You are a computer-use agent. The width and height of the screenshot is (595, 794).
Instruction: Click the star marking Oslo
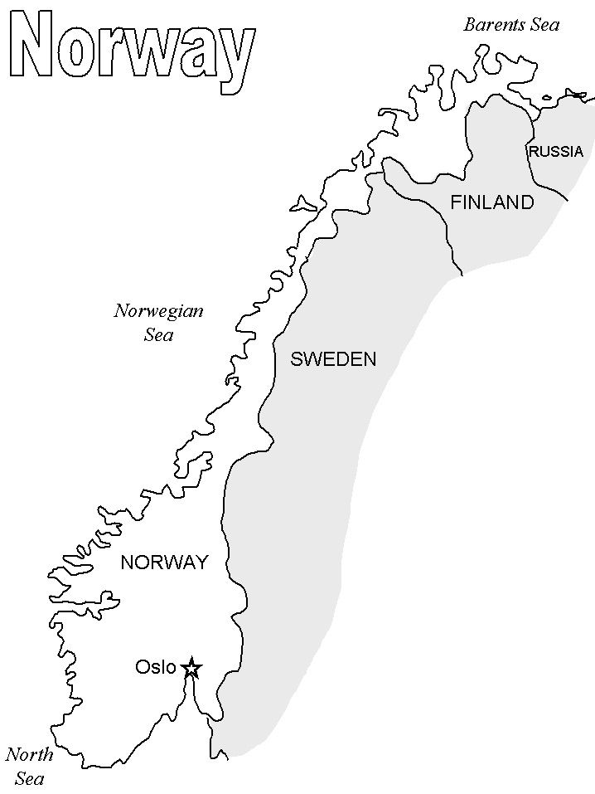pyautogui.click(x=191, y=667)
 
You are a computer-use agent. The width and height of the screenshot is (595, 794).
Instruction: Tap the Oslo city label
pyautogui.click(x=155, y=667)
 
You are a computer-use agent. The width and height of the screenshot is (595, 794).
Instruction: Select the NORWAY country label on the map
pyautogui.click(x=164, y=563)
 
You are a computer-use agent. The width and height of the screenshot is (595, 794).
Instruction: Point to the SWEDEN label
pyautogui.click(x=333, y=359)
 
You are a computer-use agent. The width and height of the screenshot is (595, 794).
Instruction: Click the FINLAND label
pyautogui.click(x=491, y=202)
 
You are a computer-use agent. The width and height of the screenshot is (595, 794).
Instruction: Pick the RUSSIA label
pyautogui.click(x=555, y=152)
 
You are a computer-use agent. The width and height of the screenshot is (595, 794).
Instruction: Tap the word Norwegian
pyautogui.click(x=158, y=312)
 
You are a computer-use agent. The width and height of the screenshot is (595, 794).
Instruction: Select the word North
pyautogui.click(x=29, y=755)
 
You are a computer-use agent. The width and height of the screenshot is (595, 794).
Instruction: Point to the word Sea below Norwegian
pyautogui.click(x=158, y=335)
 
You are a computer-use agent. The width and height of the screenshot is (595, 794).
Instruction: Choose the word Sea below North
pyautogui.click(x=29, y=779)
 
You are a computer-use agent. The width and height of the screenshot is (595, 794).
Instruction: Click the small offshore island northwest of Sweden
pyautogui.click(x=301, y=203)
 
